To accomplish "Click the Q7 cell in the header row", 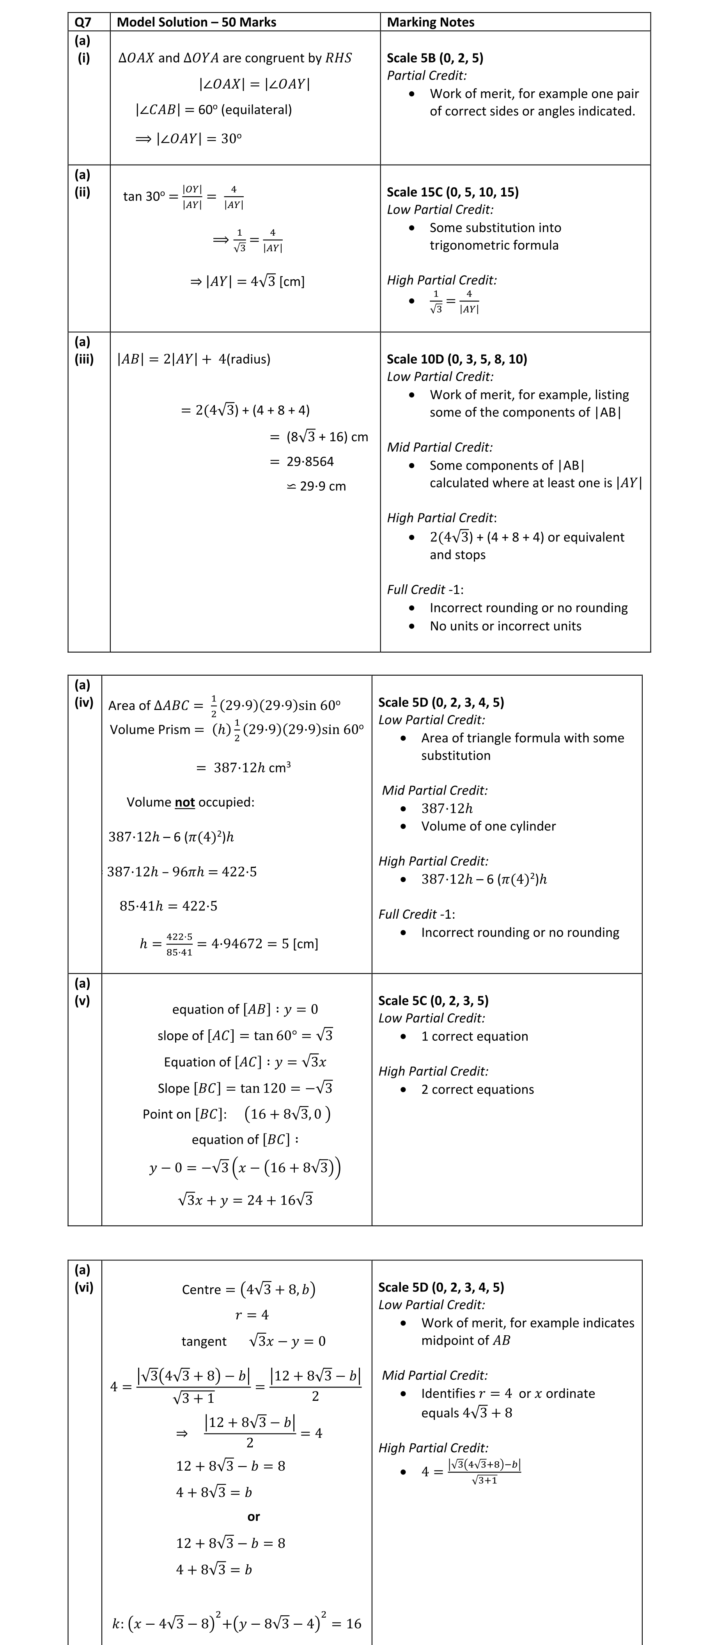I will [83, 22].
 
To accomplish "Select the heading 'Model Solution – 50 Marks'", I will [197, 22].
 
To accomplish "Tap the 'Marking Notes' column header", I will [431, 22].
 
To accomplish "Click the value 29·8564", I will [310, 461].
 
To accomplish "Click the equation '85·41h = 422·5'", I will [168, 905].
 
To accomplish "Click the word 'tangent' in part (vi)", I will [204, 1341].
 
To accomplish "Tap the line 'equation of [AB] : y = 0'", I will [245, 1009].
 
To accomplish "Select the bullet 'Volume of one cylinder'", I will [488, 826].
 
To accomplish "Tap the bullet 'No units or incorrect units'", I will [505, 626].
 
